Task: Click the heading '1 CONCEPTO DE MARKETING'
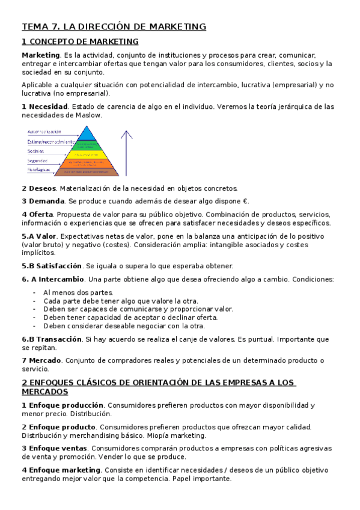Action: point(80,41)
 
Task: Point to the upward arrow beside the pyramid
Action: point(127,150)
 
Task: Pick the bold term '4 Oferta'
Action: point(37,214)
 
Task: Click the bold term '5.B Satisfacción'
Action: point(52,266)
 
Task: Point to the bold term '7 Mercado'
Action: point(41,360)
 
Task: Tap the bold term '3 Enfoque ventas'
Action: point(55,448)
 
